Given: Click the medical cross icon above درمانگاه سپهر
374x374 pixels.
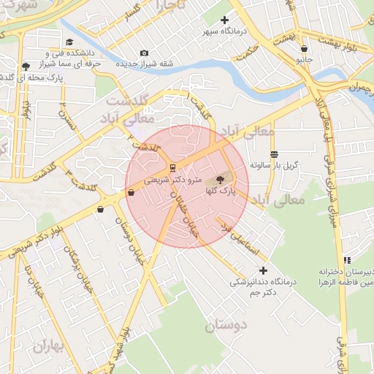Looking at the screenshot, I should click(224, 20).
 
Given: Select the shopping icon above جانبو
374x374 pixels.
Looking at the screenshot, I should click(303, 49).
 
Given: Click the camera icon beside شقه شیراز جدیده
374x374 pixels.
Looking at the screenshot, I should click(144, 53).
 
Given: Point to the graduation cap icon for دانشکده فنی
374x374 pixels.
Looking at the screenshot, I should click(69, 42).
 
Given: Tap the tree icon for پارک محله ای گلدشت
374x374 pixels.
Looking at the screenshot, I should click(26, 66).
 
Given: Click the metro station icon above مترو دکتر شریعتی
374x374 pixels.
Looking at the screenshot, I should click(171, 166).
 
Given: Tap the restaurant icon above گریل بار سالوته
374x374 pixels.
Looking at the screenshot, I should click(274, 154).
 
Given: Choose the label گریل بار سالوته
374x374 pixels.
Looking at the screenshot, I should click(274, 165).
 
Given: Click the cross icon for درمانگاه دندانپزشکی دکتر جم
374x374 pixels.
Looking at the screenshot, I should click(263, 271).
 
